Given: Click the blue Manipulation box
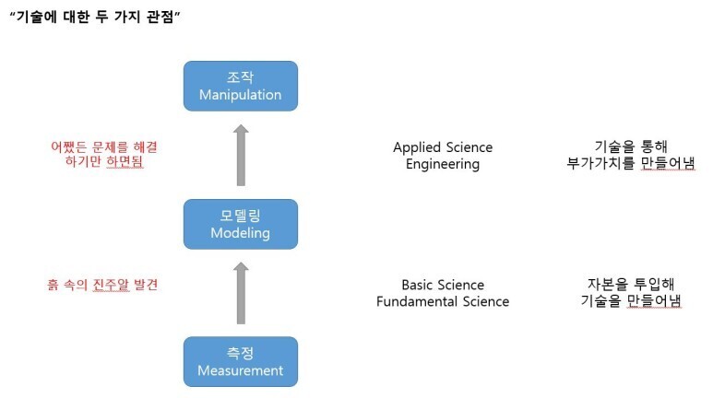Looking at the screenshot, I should (240, 85).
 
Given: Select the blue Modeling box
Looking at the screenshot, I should (240, 223).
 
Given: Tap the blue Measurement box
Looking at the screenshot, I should (240, 361).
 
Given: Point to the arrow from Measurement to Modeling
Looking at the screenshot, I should (241, 293).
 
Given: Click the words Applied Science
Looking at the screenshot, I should (443, 147).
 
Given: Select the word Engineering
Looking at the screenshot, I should (443, 164).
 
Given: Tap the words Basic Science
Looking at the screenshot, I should (443, 285).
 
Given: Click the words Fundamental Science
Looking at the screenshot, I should (443, 301).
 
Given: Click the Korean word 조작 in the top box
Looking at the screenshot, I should (240, 77).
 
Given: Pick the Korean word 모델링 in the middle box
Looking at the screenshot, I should (240, 216).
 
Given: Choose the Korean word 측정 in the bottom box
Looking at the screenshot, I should (240, 353).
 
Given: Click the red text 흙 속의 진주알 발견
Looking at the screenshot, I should (102, 285).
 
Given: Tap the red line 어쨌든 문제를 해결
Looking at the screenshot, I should (98, 146).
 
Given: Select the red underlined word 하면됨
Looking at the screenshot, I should (125, 163).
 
